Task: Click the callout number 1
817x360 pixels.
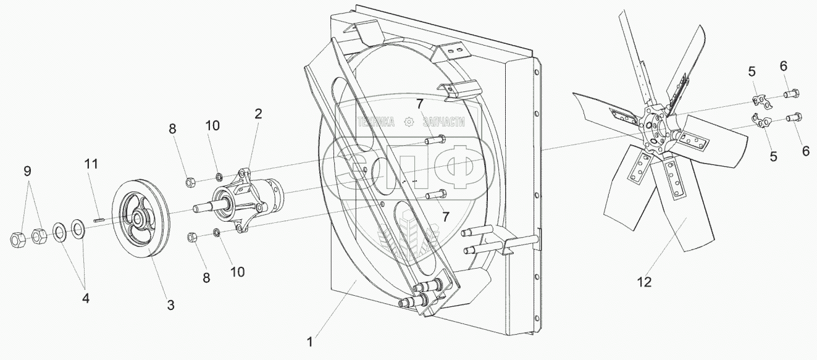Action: tap(313, 340)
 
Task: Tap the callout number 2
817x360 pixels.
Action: tap(258, 114)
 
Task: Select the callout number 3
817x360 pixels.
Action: tap(170, 304)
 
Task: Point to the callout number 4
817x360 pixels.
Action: tap(86, 298)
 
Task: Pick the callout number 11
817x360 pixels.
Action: tap(91, 164)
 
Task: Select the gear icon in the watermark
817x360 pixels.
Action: tap(408, 122)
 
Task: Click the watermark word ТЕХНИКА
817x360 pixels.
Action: tap(375, 122)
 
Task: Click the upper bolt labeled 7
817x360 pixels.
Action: tap(436, 140)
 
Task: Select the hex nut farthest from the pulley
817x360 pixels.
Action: tap(18, 238)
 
